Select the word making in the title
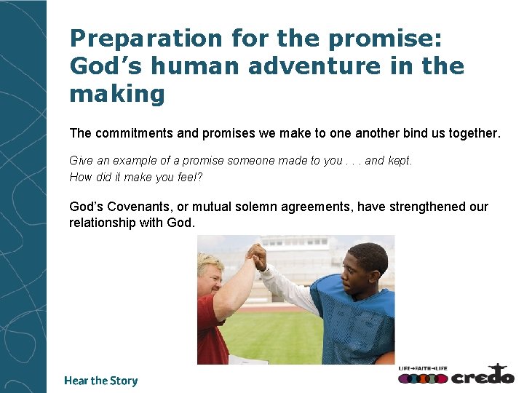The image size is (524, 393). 117,94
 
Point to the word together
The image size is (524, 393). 475,134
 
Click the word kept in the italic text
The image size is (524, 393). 398,161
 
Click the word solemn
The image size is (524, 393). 271,207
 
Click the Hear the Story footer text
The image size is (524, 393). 100,381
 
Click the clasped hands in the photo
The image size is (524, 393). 256,255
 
